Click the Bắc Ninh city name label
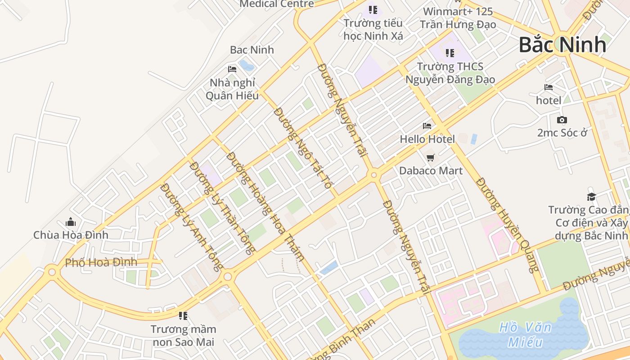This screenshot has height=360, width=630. tap(562, 45)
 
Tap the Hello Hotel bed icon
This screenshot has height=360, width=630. tap(427, 126)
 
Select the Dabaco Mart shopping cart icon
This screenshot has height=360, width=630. tap(431, 157)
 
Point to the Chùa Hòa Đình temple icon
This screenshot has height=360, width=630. tap(71, 222)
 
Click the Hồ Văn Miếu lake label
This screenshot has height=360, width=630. tap(525, 334)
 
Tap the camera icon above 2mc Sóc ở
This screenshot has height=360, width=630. tap(562, 120)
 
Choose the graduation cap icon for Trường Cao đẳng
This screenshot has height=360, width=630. tap(591, 197)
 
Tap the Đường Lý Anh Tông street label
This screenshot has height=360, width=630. tap(192, 227)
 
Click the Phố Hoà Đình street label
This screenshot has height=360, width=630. tap(101, 262)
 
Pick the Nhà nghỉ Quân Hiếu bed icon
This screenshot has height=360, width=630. tap(232, 69)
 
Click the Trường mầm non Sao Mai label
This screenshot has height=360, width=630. tap(183, 335)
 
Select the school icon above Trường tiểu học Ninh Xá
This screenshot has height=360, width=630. tap(373, 9)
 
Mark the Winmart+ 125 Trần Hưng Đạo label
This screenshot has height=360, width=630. tap(458, 18)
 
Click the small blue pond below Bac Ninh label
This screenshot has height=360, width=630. tap(246, 65)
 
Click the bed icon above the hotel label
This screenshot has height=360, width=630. tap(549, 87)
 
